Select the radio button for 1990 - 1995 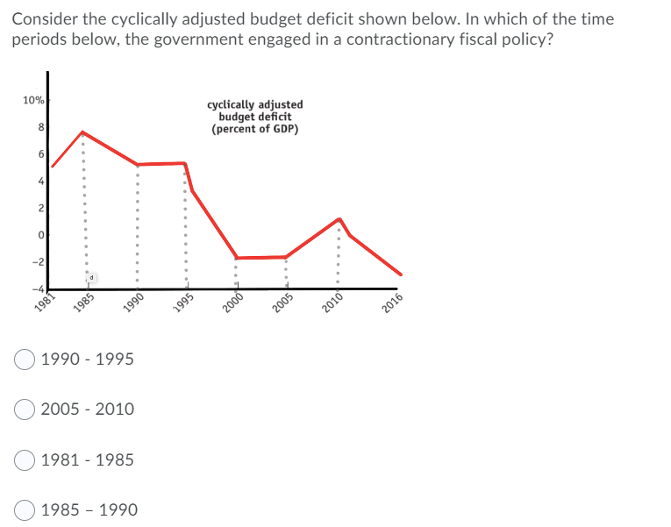pos(25,360)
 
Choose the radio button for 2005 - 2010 pos(25,409)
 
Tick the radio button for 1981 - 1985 pos(25,459)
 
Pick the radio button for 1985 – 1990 pos(25,509)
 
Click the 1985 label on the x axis pos(86,301)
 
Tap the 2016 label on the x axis pos(392,301)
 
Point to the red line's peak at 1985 pos(82,132)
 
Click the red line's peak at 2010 pos(339,219)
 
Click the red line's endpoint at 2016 pos(401,274)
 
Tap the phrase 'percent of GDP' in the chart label pos(255,129)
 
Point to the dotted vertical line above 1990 pos(136,228)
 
